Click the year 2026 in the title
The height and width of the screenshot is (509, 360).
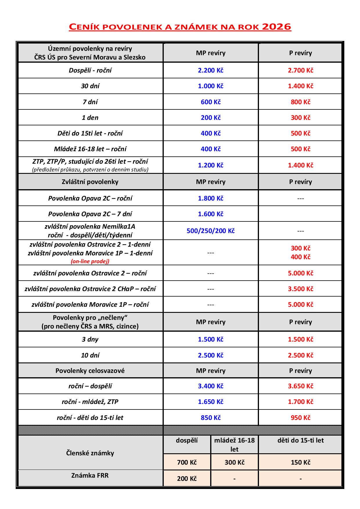(276, 27)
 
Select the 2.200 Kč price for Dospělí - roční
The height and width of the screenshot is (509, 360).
(210, 71)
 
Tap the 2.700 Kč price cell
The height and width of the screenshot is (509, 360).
(300, 71)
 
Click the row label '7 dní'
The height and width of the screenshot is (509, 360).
(90, 102)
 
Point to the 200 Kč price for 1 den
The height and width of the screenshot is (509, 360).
(210, 118)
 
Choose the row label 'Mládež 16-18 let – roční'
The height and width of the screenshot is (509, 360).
(90, 149)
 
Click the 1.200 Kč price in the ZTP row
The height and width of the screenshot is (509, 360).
(210, 165)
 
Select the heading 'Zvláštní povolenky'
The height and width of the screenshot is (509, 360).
(90, 182)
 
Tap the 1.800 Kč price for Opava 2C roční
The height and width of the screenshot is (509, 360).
(210, 198)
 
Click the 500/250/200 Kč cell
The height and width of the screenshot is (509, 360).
(210, 231)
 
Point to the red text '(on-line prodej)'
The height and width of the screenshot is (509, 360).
(90, 261)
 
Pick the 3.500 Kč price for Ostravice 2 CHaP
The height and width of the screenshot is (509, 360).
(300, 289)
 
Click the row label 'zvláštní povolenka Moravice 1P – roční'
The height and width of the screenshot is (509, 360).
(90, 304)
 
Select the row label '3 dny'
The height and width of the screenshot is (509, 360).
(90, 339)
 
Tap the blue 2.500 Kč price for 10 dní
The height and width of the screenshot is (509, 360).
(210, 355)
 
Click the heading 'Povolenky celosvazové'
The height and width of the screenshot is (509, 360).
(90, 371)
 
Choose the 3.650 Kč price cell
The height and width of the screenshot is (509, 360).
(300, 386)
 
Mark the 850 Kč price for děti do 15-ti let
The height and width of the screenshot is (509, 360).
(210, 418)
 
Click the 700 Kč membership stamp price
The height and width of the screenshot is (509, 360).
(187, 462)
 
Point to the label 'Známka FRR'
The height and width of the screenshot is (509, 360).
(90, 475)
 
